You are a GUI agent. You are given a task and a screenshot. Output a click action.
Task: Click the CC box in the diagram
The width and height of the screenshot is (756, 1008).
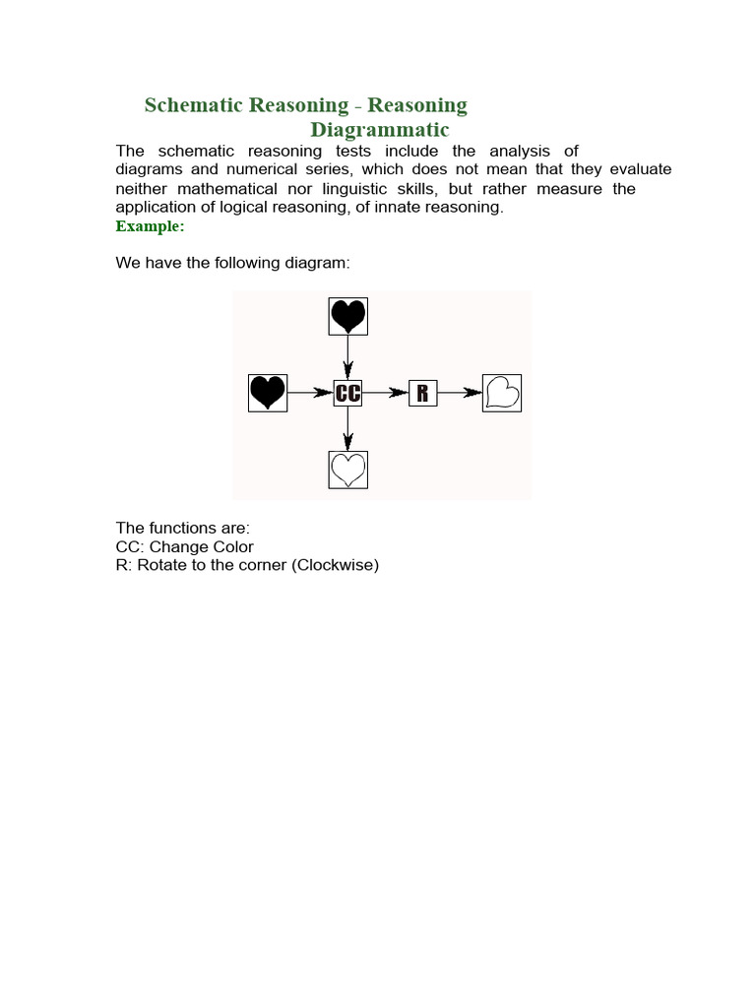tap(347, 393)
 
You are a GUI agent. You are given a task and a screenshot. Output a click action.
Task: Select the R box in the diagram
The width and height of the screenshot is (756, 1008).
tap(422, 393)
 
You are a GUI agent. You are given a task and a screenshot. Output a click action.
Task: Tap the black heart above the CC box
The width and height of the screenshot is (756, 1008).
tap(347, 316)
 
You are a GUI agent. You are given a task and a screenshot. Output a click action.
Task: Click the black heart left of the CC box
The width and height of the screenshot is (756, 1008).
tap(267, 393)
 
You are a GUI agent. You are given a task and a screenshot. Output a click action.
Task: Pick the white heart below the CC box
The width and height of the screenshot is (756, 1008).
tap(347, 469)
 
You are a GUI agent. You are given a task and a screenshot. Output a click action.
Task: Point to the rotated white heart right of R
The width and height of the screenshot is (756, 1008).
tap(501, 393)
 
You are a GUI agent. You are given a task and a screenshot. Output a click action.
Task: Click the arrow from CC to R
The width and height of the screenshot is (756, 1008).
tap(386, 393)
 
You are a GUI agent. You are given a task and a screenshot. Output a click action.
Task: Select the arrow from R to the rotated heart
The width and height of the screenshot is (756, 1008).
tap(459, 393)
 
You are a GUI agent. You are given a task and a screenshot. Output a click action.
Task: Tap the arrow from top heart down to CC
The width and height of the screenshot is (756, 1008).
tap(347, 356)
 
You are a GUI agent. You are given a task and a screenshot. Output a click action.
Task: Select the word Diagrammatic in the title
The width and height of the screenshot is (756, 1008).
tap(380, 130)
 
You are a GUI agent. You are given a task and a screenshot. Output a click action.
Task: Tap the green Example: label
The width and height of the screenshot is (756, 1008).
tap(150, 226)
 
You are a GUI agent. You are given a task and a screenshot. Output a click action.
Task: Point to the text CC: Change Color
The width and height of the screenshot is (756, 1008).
tap(184, 546)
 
